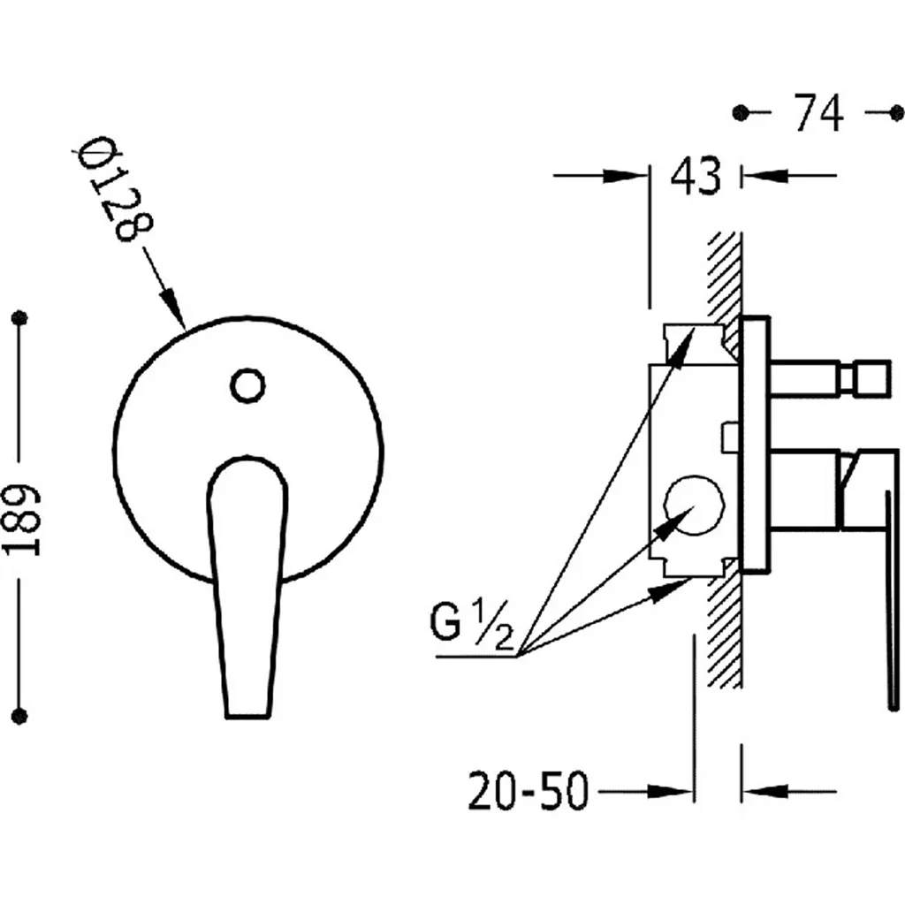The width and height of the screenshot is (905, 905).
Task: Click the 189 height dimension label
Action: click(x=23, y=519)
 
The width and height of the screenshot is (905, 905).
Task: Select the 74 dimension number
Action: click(x=818, y=112)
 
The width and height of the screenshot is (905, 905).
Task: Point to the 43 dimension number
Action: click(x=696, y=175)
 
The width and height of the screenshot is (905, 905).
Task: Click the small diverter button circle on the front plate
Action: click(x=247, y=385)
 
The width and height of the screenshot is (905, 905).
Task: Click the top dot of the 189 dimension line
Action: click(x=20, y=317)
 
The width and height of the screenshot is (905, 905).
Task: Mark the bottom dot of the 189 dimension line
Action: click(x=20, y=716)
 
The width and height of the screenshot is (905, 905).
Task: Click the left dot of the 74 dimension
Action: click(x=740, y=112)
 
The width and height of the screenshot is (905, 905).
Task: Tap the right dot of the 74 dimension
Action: click(x=897, y=113)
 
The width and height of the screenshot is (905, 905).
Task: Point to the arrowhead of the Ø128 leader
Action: click(x=172, y=307)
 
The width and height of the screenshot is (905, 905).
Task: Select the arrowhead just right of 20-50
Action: click(x=670, y=791)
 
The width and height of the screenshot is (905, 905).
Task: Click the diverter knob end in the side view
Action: click(x=872, y=379)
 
